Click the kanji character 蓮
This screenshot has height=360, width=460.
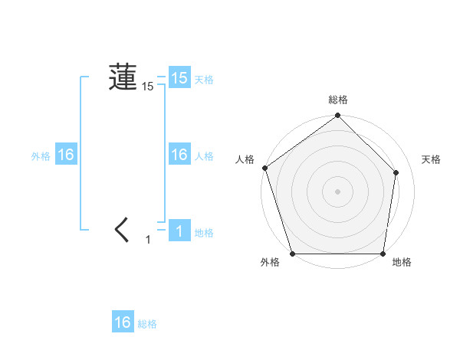tap(123, 77)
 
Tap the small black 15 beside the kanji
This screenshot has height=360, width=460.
tap(148, 87)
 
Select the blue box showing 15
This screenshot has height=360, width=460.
tap(179, 77)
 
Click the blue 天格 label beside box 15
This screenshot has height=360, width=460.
tap(204, 80)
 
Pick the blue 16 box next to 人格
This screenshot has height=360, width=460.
tap(179, 155)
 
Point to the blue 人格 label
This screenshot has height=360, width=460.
tap(204, 156)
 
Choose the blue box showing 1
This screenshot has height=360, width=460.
tap(179, 231)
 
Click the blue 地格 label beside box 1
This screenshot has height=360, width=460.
tap(204, 233)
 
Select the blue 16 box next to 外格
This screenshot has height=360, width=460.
tap(65, 155)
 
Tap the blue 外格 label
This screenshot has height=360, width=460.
tap(41, 156)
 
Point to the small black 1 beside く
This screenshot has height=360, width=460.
tap(149, 240)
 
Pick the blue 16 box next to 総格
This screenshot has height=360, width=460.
tap(123, 322)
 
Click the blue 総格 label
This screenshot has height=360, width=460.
tap(147, 324)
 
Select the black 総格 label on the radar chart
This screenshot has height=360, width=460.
tap(338, 100)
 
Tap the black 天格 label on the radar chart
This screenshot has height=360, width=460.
tap(432, 159)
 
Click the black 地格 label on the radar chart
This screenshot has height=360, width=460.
tap(402, 263)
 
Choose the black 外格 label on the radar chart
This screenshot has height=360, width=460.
tap(270, 263)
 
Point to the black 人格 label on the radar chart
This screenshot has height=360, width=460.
tap(245, 159)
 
